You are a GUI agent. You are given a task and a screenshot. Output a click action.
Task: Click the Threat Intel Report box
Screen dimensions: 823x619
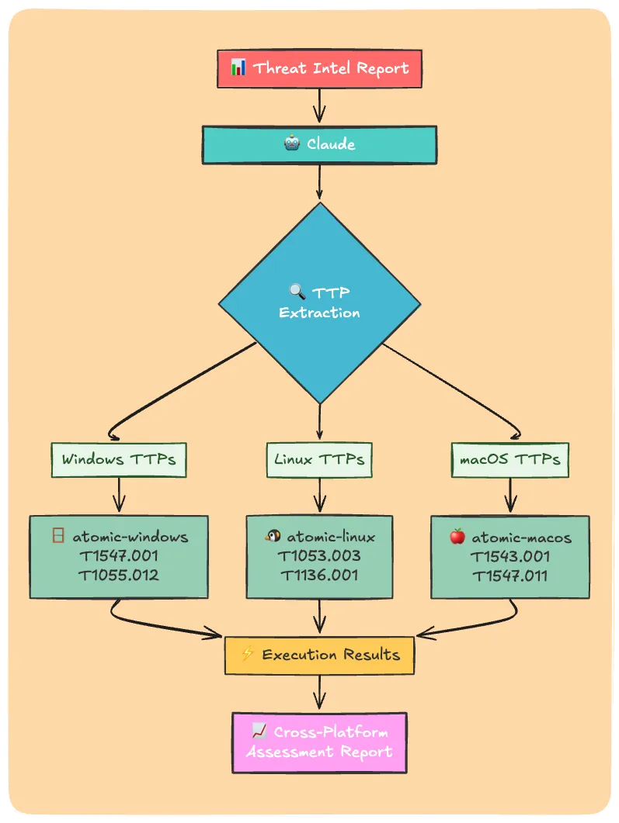(319, 68)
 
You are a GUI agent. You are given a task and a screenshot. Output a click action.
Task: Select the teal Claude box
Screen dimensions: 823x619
(319, 144)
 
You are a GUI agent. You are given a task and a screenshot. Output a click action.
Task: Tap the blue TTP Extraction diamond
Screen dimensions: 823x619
(319, 303)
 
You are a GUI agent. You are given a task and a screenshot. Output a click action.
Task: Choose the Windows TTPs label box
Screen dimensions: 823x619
(119, 459)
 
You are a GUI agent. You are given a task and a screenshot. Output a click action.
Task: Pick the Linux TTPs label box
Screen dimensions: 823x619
(319, 459)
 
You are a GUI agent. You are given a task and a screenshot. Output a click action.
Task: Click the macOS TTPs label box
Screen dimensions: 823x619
(509, 459)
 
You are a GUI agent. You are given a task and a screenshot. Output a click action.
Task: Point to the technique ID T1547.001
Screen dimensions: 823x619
(119, 556)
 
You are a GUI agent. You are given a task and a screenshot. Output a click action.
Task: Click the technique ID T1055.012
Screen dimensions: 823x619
(119, 576)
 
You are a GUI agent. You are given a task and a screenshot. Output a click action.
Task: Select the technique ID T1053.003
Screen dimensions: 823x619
(319, 556)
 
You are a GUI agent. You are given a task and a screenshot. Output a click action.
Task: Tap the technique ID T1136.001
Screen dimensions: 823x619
(319, 576)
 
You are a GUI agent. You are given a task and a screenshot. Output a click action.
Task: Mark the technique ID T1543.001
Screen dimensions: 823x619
(509, 556)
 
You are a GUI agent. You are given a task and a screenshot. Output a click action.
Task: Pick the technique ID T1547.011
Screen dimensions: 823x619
(509, 576)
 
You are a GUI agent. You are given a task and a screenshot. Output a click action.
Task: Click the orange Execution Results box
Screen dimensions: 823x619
(319, 655)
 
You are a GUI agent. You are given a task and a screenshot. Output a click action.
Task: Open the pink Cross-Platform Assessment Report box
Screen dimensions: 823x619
(319, 742)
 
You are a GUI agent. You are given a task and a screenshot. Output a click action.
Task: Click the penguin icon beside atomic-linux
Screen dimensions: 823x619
(273, 537)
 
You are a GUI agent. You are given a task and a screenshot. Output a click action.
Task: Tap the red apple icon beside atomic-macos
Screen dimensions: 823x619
(457, 537)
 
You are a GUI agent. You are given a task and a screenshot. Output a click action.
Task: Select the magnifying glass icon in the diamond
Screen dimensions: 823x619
(297, 292)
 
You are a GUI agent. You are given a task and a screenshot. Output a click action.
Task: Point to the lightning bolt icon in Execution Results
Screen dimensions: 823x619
(248, 655)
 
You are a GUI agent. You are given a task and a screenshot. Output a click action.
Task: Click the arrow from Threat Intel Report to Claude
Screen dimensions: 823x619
(319, 105)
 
